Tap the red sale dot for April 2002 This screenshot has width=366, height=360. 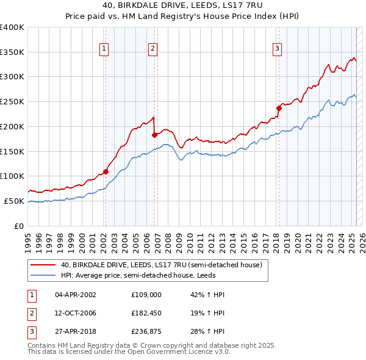click(x=106, y=171)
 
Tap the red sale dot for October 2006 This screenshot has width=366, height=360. click(x=155, y=135)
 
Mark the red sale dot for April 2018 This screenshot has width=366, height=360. click(x=279, y=108)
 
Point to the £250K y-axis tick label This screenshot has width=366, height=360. click(x=12, y=101)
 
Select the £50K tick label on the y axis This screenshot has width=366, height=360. click(x=15, y=201)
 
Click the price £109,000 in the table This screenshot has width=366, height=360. click(x=146, y=294)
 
